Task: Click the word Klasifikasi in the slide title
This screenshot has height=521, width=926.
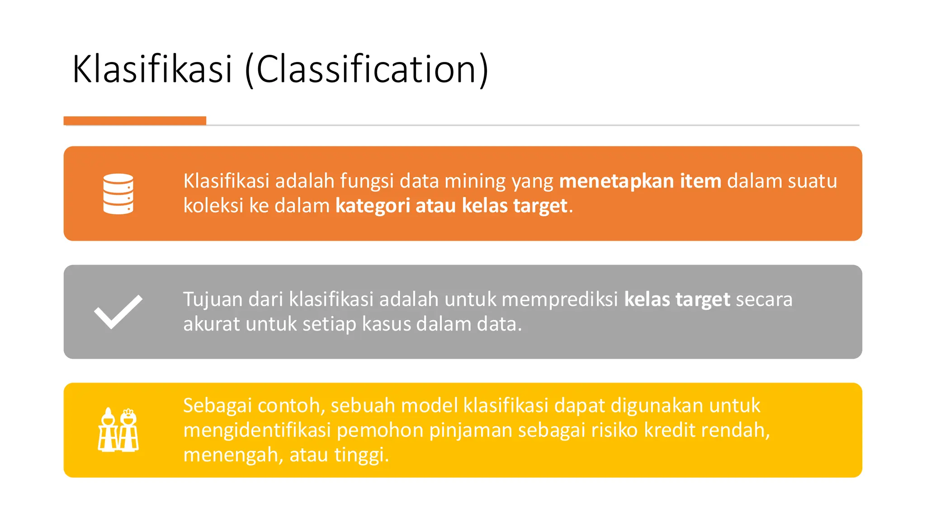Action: [152, 69]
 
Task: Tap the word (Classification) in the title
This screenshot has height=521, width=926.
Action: [366, 69]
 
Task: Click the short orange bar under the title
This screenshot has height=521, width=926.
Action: [135, 120]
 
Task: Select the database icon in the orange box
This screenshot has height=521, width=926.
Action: [118, 194]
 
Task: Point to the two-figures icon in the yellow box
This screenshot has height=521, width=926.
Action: [118, 430]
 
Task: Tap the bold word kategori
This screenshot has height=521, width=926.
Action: [373, 206]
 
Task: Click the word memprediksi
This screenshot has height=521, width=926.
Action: [560, 299]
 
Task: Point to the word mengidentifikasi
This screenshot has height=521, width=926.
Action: [257, 430]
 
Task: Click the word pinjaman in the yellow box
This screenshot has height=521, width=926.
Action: [470, 430]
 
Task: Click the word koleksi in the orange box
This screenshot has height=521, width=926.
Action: [213, 206]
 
